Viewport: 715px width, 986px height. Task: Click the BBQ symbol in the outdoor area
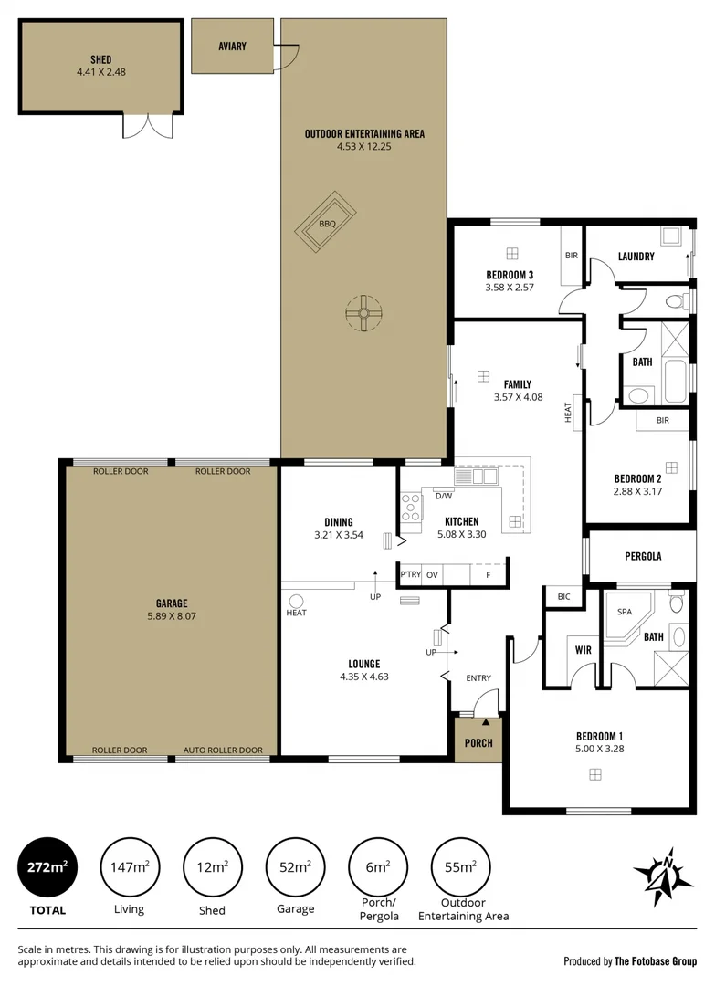coord(327,224)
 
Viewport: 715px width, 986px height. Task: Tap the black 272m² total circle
coord(47,866)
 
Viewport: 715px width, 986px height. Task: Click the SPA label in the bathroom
coord(626,612)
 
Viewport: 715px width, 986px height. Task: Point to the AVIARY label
coord(232,47)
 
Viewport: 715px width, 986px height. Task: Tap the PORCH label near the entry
coord(478,742)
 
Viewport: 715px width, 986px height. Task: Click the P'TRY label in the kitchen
coord(410,574)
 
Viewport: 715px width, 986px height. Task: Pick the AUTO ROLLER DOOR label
coord(223,750)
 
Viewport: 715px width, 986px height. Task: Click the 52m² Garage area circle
coord(295,866)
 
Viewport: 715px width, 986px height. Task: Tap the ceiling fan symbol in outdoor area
coord(363,313)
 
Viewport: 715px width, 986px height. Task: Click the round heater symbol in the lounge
coord(296,601)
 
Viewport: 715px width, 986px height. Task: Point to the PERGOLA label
coord(643,556)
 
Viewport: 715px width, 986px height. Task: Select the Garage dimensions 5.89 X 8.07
coord(172,616)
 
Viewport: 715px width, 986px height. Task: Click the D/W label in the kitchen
coord(444,497)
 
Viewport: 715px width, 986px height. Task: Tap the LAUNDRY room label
coord(636,257)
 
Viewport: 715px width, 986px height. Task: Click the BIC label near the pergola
coord(563,597)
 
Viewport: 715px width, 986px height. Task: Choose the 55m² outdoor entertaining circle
coord(461,866)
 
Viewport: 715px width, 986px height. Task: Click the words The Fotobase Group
coord(656,960)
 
